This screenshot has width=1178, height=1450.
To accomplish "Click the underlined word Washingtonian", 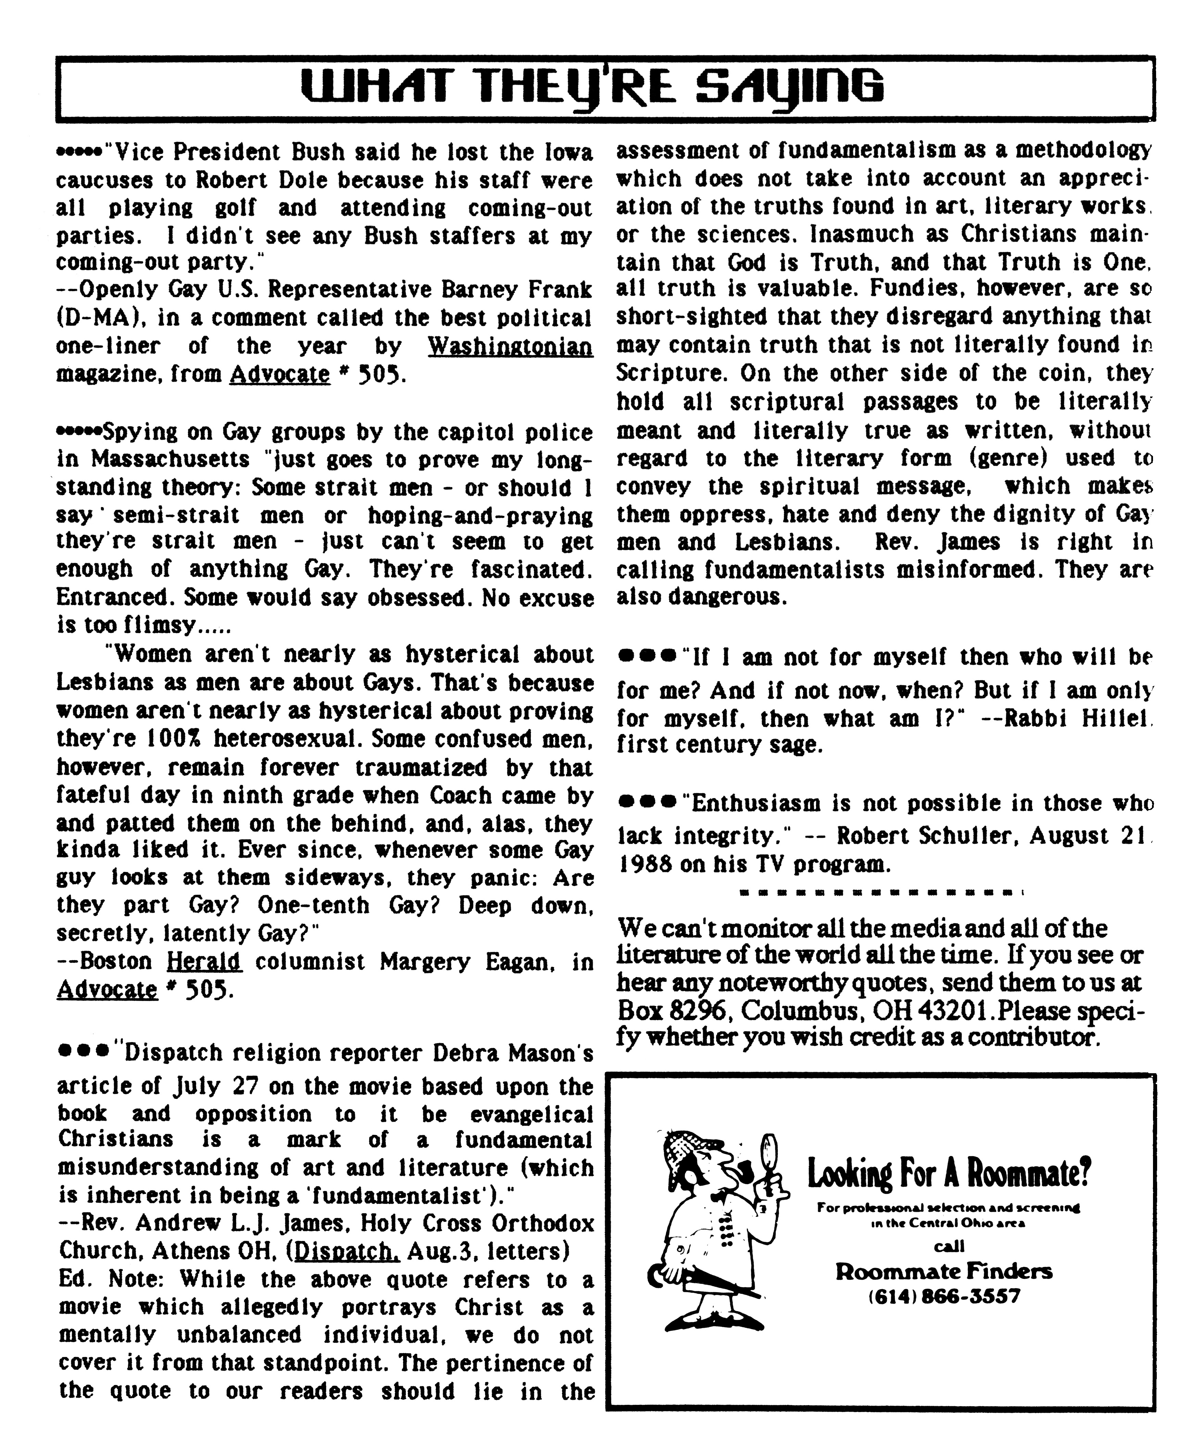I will click(510, 347).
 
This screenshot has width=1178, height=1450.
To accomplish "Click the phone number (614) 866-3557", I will click(944, 1297).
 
